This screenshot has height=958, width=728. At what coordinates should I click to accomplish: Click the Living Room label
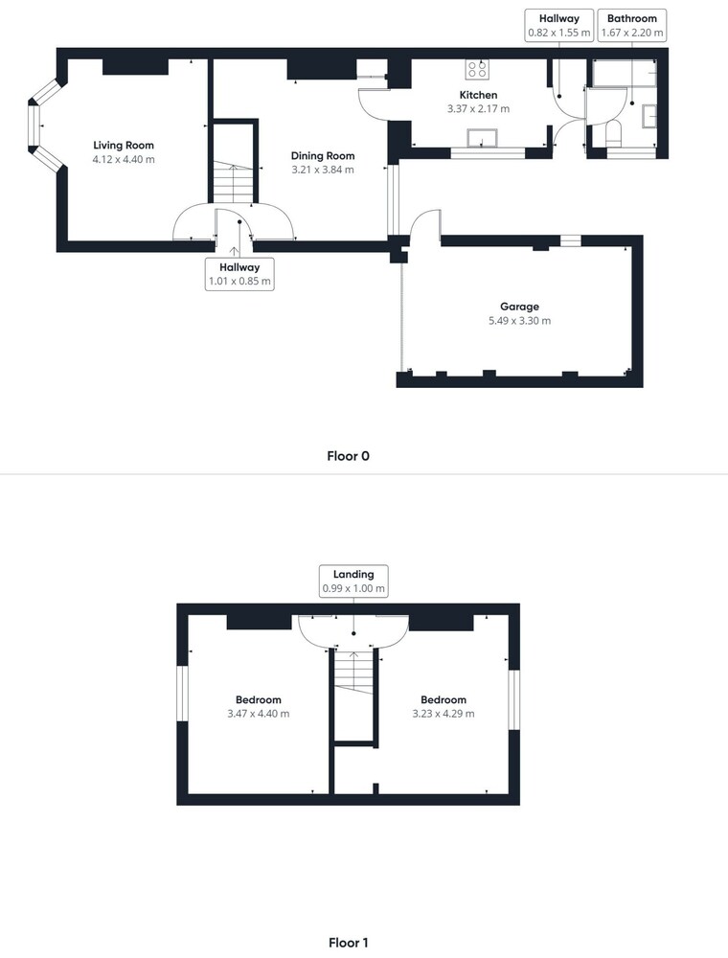124,146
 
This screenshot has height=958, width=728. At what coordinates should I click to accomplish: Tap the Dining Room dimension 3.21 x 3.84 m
323,170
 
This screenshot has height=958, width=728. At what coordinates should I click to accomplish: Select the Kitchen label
478,95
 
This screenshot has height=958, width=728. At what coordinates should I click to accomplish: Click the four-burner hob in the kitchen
477,69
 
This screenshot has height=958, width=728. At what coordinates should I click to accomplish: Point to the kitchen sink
483,138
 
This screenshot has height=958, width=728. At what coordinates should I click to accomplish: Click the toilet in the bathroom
612,134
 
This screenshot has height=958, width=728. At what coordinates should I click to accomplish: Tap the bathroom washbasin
648,116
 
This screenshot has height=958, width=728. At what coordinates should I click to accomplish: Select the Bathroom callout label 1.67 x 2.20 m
632,26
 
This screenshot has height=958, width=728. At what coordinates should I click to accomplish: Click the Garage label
520,307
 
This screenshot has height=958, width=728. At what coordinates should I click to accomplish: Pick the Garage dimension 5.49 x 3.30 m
520,321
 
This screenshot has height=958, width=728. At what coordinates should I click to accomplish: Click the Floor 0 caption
348,456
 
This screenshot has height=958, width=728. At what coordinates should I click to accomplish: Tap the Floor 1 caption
348,943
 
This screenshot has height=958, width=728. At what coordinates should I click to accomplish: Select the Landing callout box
353,582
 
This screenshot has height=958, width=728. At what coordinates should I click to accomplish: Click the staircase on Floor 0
234,181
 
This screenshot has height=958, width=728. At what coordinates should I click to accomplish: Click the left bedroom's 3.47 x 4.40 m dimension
259,714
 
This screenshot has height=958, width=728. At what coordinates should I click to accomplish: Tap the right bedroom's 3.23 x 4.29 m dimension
444,714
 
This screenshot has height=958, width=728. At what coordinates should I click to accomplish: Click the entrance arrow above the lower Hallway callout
234,251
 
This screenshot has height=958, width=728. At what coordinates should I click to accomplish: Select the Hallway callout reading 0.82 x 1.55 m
558,26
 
